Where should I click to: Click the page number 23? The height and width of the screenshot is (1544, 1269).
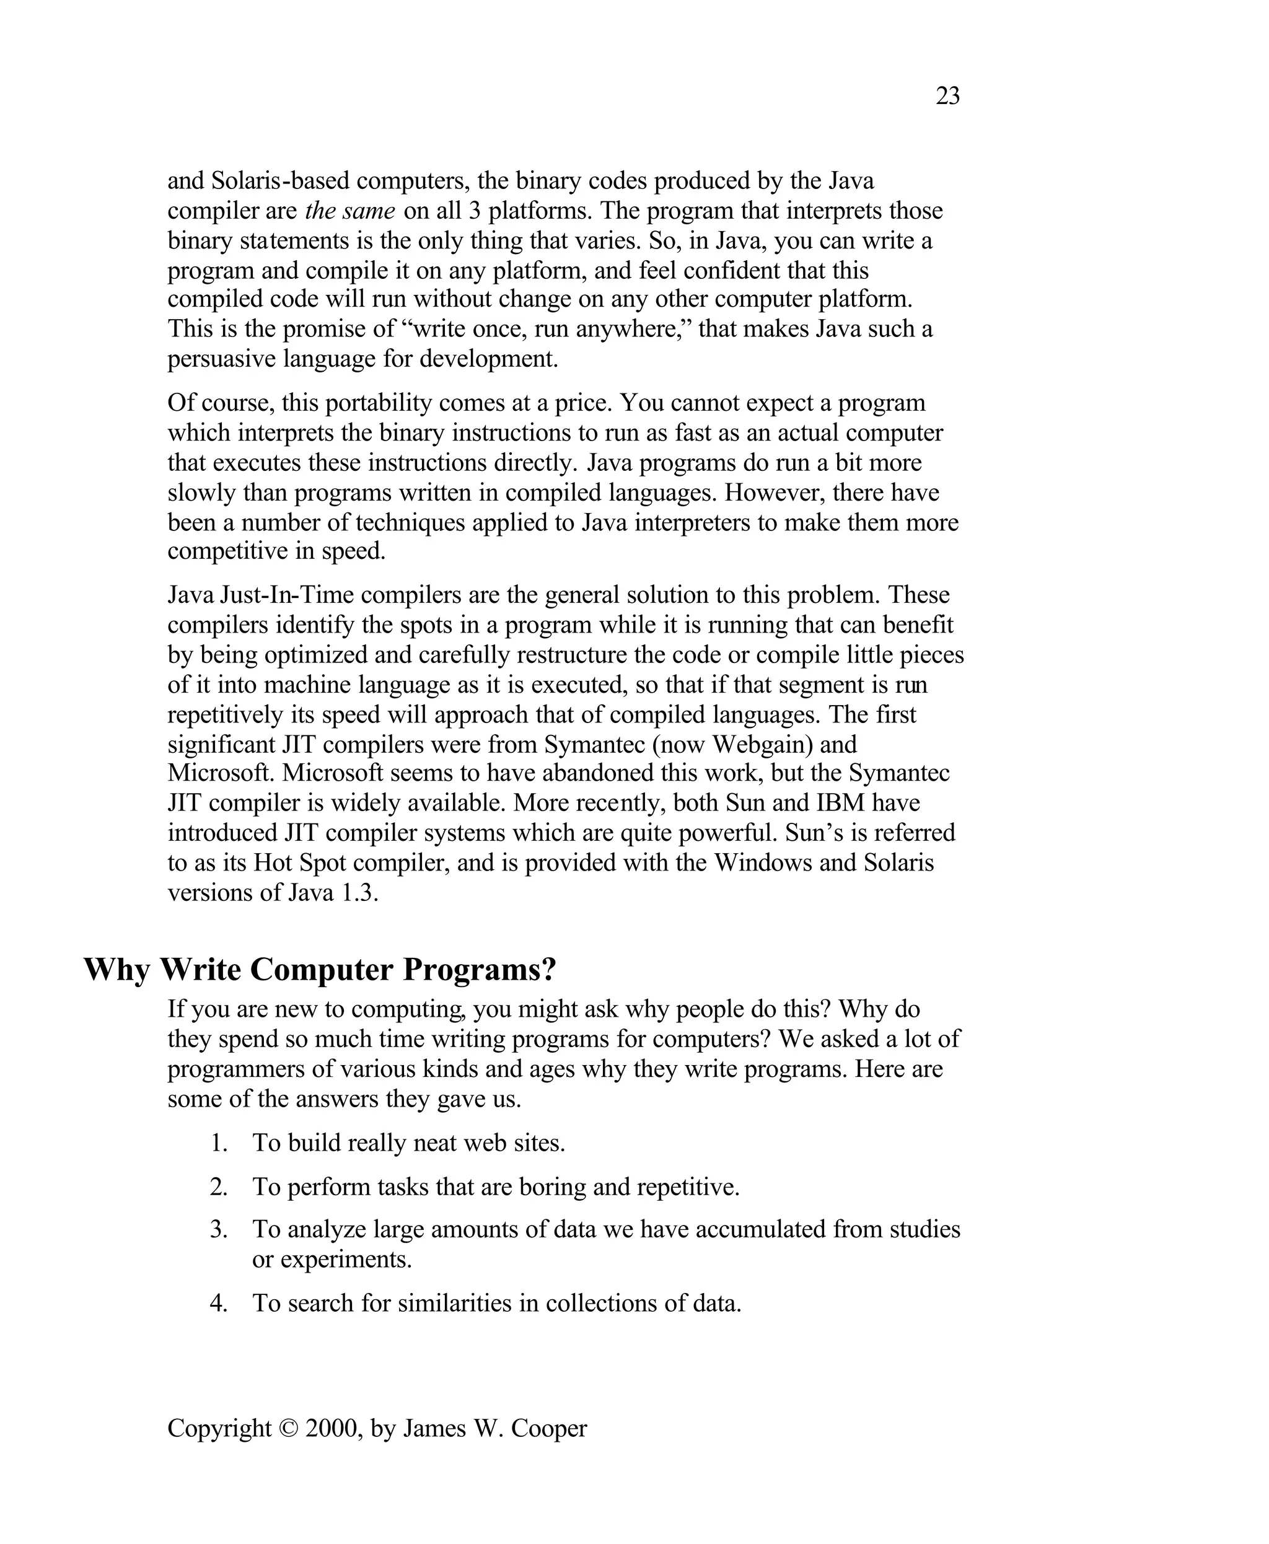click(947, 96)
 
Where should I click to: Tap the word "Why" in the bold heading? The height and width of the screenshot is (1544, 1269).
click(117, 970)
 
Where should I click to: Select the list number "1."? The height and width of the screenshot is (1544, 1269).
click(219, 1143)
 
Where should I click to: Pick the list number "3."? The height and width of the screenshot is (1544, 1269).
click(219, 1230)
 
